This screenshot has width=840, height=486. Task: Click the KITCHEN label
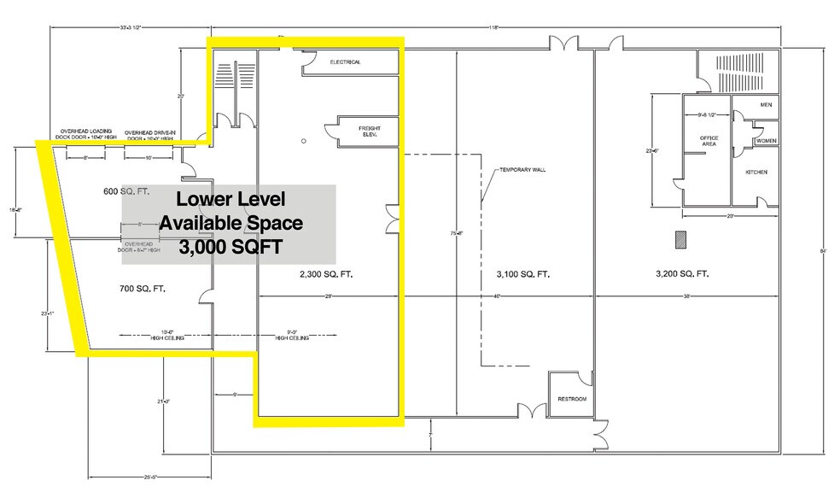756,173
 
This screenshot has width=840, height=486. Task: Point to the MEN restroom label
766,105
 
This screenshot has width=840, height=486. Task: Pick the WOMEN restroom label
766,140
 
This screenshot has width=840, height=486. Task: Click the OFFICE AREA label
709,141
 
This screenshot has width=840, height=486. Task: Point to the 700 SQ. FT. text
142,289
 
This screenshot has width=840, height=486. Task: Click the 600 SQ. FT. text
126,192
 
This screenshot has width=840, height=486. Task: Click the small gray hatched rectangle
680,239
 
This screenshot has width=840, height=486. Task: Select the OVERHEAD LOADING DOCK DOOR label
85,133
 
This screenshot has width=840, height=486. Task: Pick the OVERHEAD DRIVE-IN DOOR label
151,133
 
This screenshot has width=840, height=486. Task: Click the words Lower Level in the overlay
230,200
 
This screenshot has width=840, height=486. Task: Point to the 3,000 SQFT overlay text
230,245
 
